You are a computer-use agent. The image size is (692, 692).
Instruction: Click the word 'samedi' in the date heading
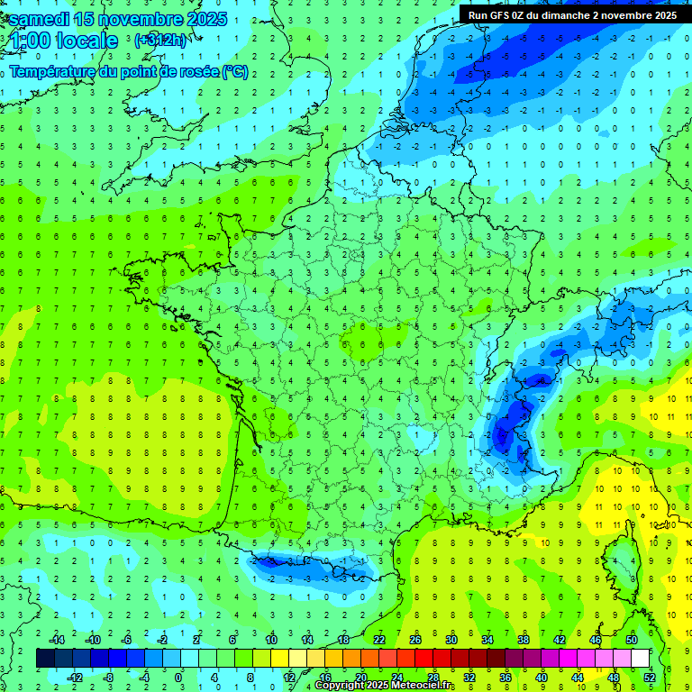click(x=40, y=18)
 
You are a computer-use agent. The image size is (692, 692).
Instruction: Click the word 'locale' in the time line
click(x=85, y=41)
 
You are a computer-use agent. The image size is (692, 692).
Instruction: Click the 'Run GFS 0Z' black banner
click(x=571, y=14)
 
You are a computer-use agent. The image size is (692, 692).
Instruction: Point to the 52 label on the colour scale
click(x=649, y=678)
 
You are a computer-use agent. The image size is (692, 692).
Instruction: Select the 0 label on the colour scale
click(x=178, y=678)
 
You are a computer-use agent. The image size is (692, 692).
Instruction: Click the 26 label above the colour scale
click(x=415, y=640)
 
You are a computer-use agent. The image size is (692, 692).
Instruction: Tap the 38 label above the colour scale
click(x=524, y=640)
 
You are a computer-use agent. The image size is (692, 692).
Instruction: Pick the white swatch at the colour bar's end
click(x=640, y=659)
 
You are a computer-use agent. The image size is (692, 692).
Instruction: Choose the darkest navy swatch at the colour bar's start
click(x=46, y=659)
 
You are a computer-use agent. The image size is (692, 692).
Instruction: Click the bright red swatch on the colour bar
click(x=424, y=659)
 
